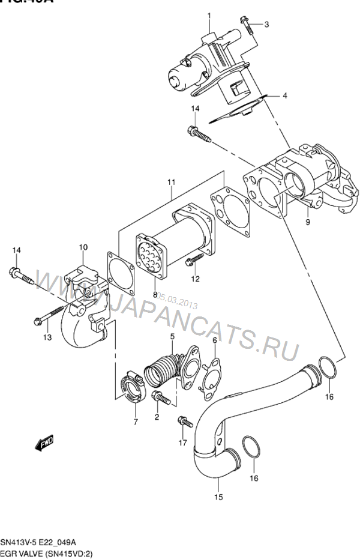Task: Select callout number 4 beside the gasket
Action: pyautogui.click(x=285, y=95)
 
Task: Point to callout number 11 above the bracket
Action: pyautogui.click(x=171, y=181)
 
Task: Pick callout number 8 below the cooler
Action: pyautogui.click(x=155, y=294)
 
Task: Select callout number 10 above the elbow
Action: pyautogui.click(x=83, y=247)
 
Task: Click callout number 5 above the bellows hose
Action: pyautogui.click(x=172, y=336)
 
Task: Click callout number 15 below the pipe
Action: pyautogui.click(x=218, y=497)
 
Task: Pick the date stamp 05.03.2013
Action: pyautogui.click(x=180, y=297)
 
